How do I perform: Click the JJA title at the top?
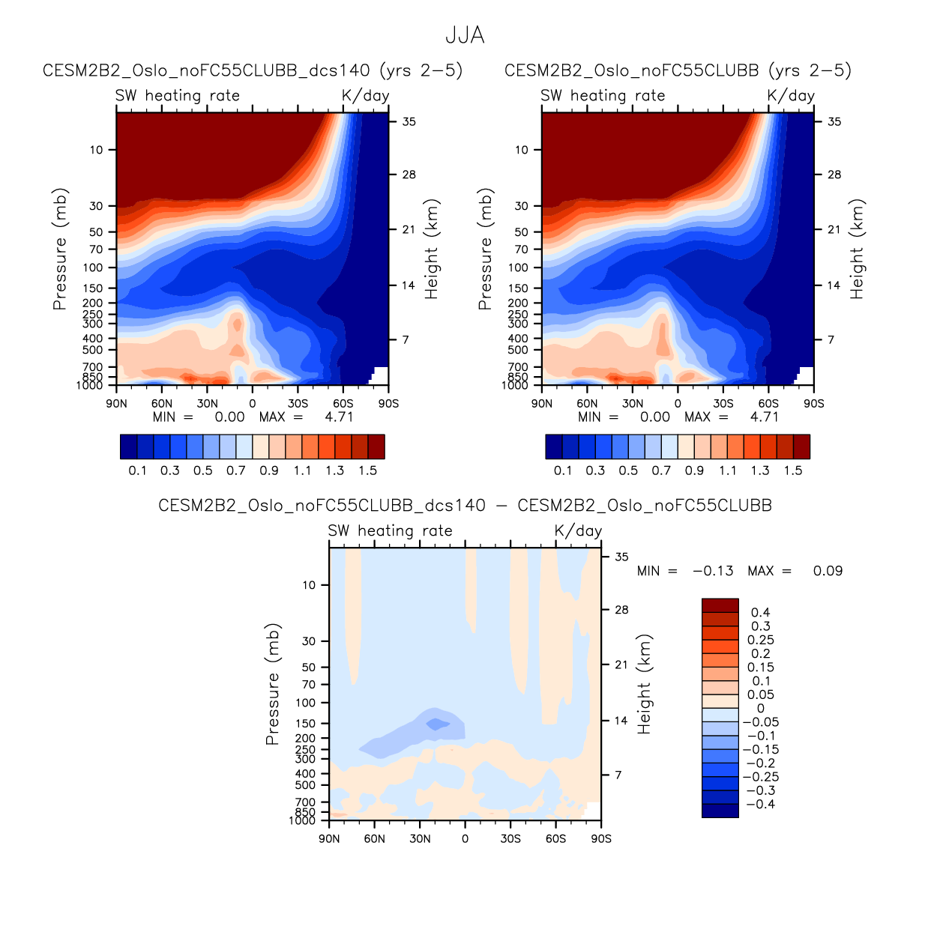[x=465, y=35]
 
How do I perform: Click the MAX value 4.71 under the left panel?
[x=339, y=417]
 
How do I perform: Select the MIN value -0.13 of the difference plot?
[x=713, y=571]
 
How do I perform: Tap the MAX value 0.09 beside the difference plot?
[x=828, y=571]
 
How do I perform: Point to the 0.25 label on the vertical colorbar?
[x=761, y=640]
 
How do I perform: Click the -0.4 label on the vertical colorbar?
[x=759, y=804]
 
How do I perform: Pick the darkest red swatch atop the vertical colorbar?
[x=720, y=605]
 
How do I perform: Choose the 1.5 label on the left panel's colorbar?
[x=367, y=470]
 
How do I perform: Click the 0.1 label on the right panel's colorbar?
[x=563, y=470]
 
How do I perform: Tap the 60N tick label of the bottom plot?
[x=375, y=838]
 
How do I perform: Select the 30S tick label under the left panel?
[x=298, y=403]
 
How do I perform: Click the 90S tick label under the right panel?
[x=813, y=403]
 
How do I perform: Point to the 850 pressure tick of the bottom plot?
[x=305, y=812]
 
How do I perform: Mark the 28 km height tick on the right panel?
[x=834, y=175]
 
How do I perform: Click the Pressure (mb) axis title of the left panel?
[x=60, y=249]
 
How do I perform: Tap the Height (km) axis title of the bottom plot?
[x=644, y=684]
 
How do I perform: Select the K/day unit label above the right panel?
[x=791, y=95]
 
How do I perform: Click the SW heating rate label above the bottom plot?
[x=390, y=530]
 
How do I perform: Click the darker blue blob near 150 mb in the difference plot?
[x=437, y=724]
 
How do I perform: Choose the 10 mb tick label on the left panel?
[x=97, y=150]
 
